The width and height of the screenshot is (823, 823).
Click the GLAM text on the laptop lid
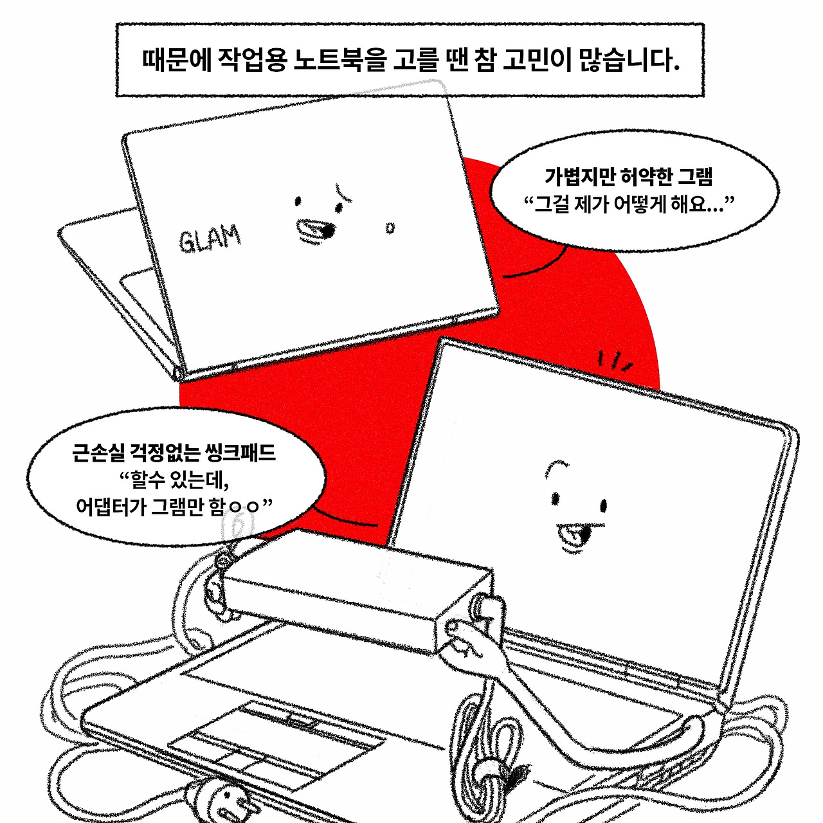pyautogui.click(x=209, y=239)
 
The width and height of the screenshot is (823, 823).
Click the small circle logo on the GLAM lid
pyautogui.click(x=390, y=228)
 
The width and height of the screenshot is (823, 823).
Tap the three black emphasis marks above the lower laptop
pyautogui.click(x=614, y=362)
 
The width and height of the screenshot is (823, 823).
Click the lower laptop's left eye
pyautogui.click(x=556, y=498)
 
